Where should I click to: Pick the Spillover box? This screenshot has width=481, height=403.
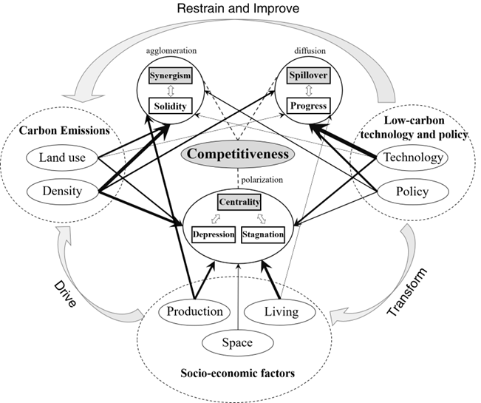tap(308, 76)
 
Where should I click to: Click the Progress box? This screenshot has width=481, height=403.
tap(308, 106)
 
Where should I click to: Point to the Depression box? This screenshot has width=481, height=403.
tap(213, 234)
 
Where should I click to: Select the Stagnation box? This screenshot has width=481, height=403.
tap(262, 234)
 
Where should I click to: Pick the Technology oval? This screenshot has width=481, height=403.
tap(411, 158)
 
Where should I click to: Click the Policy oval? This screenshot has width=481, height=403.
tap(411, 191)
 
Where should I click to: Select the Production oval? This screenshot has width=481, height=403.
tap(194, 311)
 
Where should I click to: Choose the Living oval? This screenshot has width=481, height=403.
tap(281, 311)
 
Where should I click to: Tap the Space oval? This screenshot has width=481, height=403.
tap(238, 342)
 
